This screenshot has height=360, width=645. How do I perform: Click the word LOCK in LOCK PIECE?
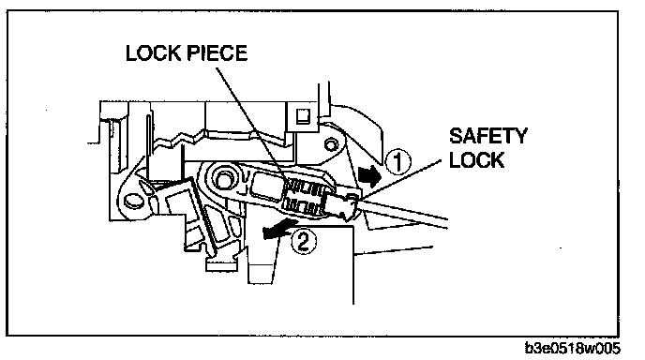(153, 53)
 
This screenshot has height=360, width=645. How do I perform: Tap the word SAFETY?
(487, 136)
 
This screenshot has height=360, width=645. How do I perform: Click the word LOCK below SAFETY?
(476, 159)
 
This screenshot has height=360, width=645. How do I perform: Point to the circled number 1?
(397, 161)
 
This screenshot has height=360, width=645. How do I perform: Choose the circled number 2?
(304, 242)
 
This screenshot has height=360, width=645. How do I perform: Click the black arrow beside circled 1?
(370, 176)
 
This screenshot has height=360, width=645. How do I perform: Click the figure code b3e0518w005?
(572, 348)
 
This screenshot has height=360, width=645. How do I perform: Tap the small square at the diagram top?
(303, 116)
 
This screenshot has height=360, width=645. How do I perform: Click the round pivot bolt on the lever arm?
(223, 181)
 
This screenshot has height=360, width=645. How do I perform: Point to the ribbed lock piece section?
(304, 197)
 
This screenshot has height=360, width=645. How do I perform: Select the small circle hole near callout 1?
(329, 144)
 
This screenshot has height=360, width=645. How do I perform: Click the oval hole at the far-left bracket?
(132, 201)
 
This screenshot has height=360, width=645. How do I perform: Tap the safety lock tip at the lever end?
(346, 204)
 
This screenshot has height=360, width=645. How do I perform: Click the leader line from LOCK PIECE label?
(250, 125)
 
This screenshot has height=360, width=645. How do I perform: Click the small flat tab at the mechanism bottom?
(221, 265)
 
